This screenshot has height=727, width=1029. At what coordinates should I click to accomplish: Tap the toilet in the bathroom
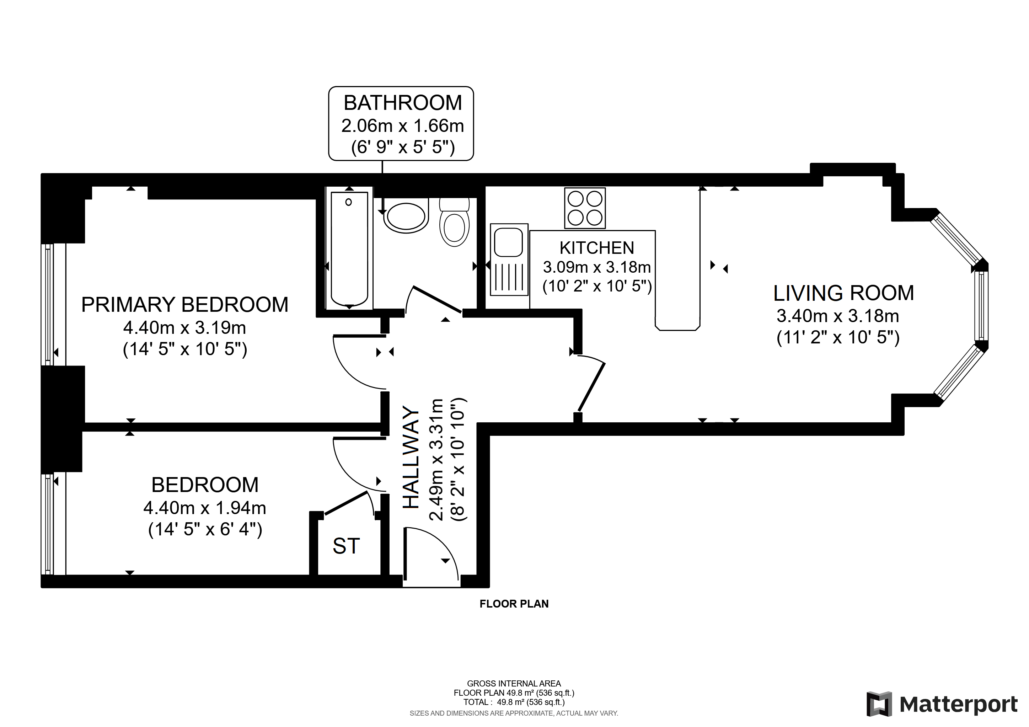point(455,222)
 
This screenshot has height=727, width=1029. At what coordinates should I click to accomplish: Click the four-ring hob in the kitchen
point(585,208)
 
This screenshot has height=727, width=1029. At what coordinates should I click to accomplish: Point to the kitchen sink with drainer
point(509,260)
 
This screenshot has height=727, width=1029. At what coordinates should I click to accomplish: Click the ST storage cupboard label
point(346,546)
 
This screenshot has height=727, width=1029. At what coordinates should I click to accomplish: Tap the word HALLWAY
point(411,458)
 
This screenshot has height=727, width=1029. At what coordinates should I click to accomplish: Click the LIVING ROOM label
point(843,293)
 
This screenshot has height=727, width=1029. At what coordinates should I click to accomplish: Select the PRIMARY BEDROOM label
point(184,305)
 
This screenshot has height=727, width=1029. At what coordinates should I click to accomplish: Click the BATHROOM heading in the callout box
point(402,103)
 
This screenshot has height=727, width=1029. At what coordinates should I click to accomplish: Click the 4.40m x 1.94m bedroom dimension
point(205,508)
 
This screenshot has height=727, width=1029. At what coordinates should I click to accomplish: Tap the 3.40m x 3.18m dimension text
point(838,316)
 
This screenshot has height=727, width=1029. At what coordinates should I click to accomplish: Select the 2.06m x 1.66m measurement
point(402,126)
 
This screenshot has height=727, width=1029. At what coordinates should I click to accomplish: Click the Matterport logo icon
point(879,705)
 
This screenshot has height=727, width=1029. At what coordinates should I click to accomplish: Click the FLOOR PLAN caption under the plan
point(514,604)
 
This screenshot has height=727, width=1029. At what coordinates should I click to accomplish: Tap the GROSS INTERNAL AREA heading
point(514,684)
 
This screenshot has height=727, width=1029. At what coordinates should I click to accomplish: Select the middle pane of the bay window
point(981,306)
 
